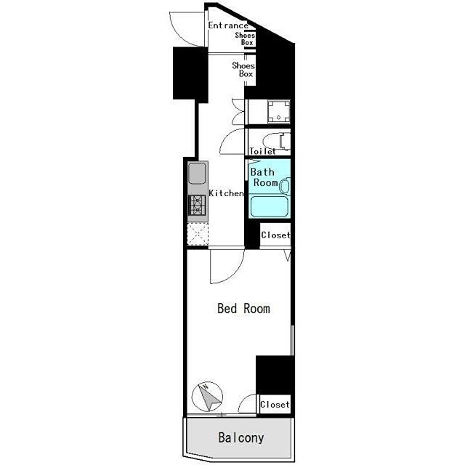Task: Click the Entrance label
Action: (228, 25)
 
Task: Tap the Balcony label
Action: (240, 438)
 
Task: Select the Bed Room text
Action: (243, 308)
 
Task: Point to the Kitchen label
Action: (226, 193)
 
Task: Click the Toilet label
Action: (262, 151)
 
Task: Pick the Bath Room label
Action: (264, 177)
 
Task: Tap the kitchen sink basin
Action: (197, 174)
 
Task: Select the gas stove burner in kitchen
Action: (197, 205)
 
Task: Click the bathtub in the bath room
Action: (270, 206)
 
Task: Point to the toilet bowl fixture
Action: (276, 142)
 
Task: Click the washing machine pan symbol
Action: (278, 111)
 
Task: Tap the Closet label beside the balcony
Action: (275, 405)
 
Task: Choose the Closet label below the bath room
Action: (275, 235)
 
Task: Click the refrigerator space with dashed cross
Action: (198, 234)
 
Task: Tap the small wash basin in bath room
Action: (285, 187)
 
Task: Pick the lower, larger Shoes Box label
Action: (243, 70)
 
